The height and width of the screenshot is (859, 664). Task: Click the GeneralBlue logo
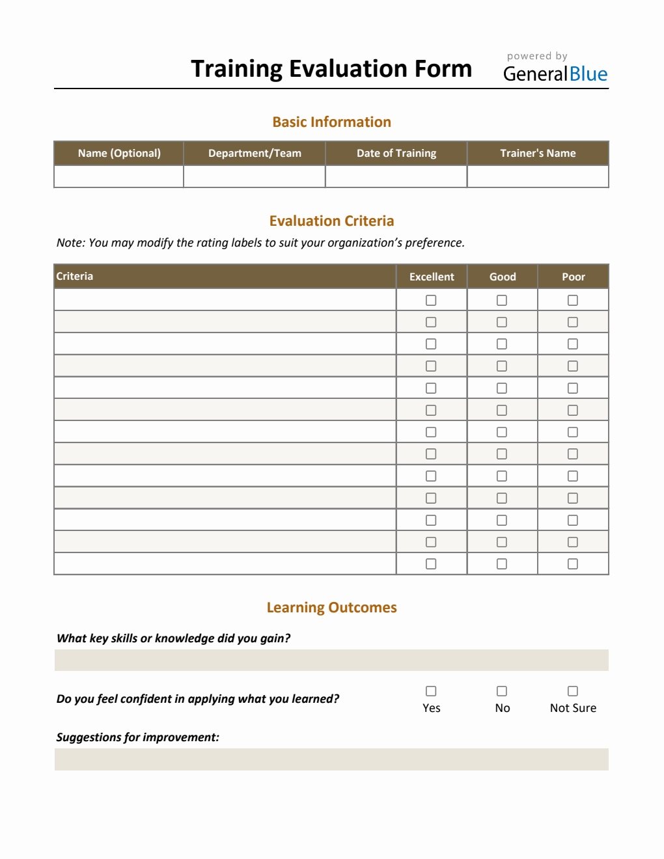[x=555, y=74]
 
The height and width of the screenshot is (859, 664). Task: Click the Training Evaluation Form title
[x=331, y=69]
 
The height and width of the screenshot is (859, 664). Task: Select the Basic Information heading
[x=331, y=122]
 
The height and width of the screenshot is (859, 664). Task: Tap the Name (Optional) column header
[x=119, y=154]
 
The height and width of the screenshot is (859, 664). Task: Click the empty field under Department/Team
[x=255, y=176]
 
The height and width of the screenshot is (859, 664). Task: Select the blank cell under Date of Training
[x=396, y=176]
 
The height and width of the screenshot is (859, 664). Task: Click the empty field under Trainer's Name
[x=538, y=176]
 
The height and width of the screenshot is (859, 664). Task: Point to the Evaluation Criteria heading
[x=331, y=221]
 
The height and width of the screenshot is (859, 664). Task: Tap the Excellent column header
[x=432, y=277]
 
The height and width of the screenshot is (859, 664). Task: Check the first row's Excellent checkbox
[x=431, y=300]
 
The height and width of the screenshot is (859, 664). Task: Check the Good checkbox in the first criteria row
[x=502, y=300]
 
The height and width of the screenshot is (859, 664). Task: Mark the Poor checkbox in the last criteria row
[x=573, y=564]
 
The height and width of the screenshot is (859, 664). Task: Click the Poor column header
[x=574, y=277]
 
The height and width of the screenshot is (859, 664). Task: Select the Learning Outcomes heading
[x=331, y=608]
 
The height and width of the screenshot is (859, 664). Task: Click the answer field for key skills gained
[x=331, y=660]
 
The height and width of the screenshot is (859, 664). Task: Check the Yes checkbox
[x=431, y=691]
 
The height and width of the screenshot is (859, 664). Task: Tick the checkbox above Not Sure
[x=573, y=691]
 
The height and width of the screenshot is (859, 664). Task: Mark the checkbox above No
[x=502, y=691]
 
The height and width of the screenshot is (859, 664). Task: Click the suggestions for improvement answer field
[x=331, y=759]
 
